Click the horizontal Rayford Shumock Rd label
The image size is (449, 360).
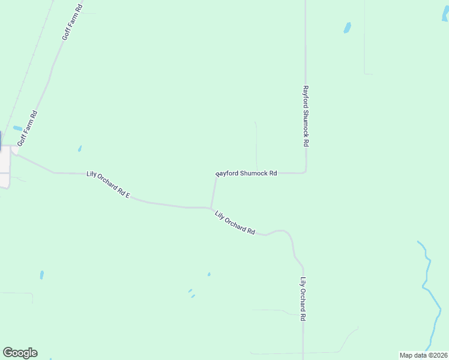(246, 173)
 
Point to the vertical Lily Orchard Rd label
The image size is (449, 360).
(304, 298)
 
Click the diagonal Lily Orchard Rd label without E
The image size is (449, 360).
(235, 222)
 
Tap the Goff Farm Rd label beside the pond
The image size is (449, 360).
(28, 128)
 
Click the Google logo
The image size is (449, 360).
(20, 353)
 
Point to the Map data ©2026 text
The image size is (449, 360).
(423, 355)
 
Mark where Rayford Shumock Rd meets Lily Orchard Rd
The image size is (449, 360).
(212, 208)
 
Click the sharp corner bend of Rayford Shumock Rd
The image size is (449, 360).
(306, 172)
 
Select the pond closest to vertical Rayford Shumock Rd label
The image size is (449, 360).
(347, 28)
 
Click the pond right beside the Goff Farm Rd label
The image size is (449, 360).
(17, 128)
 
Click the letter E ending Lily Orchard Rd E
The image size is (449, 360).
(128, 196)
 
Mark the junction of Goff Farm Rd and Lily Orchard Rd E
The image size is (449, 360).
(14, 152)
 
